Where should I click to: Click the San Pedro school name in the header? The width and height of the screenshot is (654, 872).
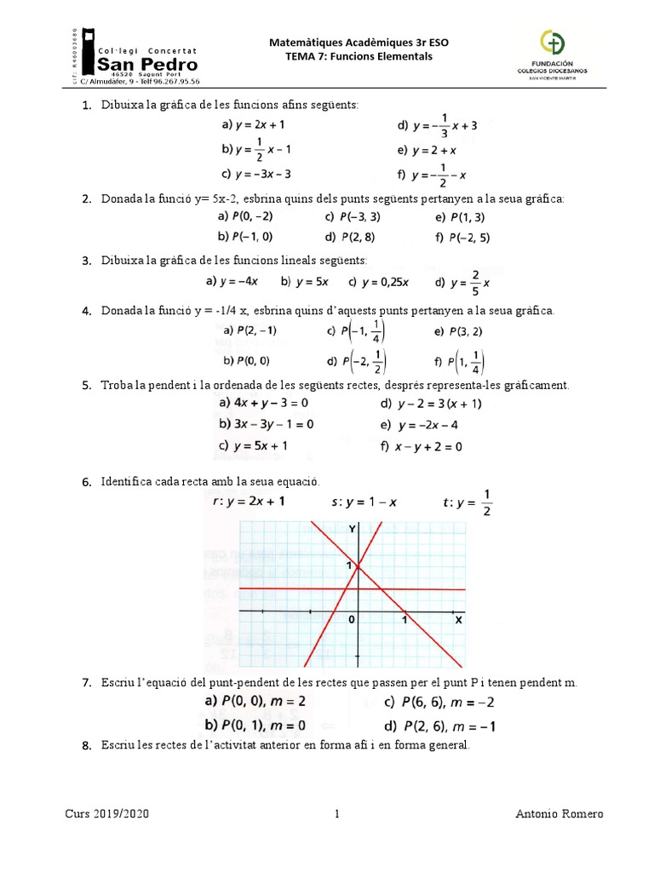[149, 65]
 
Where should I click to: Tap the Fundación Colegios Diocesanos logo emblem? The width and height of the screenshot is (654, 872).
[552, 43]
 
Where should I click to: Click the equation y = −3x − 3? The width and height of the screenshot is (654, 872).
[256, 174]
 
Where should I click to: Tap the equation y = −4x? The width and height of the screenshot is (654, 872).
[232, 281]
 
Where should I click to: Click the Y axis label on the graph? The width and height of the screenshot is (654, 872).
[352, 530]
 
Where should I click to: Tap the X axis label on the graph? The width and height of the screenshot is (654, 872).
[457, 620]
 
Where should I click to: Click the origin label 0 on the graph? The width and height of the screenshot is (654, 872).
[351, 621]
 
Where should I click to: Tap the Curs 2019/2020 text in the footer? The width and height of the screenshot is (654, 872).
[107, 813]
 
